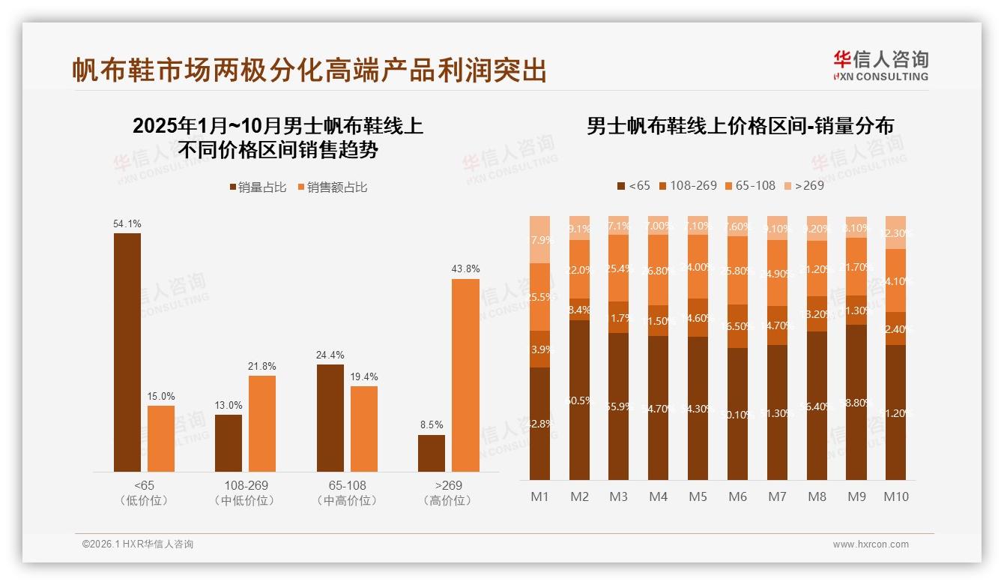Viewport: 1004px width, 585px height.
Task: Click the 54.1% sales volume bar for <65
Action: click(127, 352)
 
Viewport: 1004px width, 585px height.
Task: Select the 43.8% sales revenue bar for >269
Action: click(465, 375)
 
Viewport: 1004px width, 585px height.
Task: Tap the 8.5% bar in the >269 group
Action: click(432, 453)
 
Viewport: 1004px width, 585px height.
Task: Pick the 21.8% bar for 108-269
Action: click(262, 423)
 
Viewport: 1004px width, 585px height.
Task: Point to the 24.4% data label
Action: click(330, 355)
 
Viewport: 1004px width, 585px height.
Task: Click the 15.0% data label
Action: click(161, 396)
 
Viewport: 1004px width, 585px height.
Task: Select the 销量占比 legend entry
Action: click(258, 187)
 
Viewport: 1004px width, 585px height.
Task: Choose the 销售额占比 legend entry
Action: click(333, 187)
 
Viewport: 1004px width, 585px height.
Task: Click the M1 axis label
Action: click(539, 496)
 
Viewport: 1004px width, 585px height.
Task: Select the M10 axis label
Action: click(895, 496)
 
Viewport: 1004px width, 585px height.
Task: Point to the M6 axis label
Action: click(737, 496)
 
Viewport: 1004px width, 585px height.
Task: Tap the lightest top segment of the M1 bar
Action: click(539, 239)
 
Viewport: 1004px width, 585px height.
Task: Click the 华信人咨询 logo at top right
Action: click(880, 65)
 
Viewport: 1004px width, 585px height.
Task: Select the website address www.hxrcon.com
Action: click(871, 544)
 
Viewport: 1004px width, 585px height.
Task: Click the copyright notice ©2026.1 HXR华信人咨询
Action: click(138, 544)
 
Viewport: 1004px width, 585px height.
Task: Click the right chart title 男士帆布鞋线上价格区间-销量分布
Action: click(740, 126)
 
